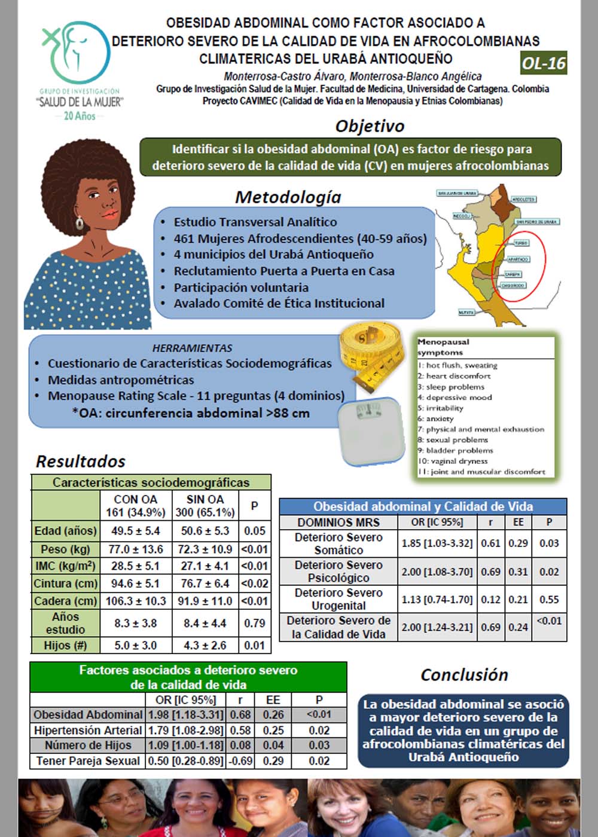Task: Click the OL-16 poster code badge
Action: tap(543, 63)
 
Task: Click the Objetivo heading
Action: tap(370, 126)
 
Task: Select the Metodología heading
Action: tap(288, 197)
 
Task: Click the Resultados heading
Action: tap(81, 462)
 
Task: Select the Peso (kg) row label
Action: tap(65, 549)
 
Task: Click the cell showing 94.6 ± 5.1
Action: tap(136, 583)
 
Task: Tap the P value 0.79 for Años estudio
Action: tap(255, 623)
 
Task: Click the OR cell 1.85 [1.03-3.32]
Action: tap(437, 543)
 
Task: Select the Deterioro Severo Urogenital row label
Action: tap(338, 599)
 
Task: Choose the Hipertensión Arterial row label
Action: tap(87, 730)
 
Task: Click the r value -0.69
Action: tap(240, 761)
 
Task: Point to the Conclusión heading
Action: tap(464, 675)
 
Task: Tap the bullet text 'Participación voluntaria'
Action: tap(241, 287)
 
